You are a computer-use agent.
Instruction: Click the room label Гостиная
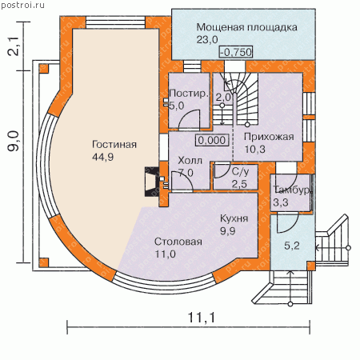[114, 144]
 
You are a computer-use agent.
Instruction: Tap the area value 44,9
[102, 157]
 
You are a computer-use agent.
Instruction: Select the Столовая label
[178, 242]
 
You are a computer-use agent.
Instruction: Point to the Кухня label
[234, 218]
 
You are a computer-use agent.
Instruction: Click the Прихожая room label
[269, 137]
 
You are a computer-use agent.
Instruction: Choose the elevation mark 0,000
[212, 140]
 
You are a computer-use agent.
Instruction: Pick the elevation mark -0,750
[236, 52]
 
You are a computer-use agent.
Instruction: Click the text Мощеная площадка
[246, 27]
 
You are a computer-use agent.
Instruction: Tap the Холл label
[190, 161]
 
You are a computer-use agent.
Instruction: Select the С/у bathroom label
[240, 171]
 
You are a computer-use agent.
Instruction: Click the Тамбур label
[291, 190]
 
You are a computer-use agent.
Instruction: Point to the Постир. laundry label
[189, 94]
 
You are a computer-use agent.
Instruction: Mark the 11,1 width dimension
[202, 317]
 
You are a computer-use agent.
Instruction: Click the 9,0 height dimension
[14, 141]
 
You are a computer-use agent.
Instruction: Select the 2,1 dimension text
[14, 46]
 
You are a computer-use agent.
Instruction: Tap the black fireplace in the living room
[151, 182]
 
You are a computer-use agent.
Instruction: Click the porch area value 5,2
[292, 246]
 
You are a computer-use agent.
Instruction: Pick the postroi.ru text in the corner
[23, 6]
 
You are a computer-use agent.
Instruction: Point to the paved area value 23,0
[207, 40]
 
